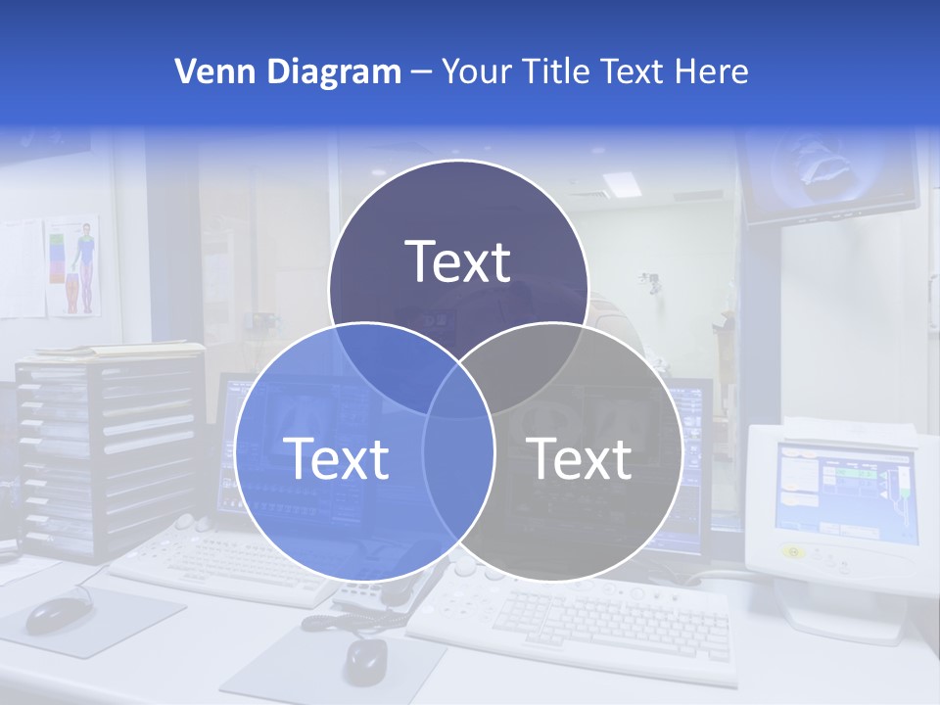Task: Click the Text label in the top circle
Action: click(458, 261)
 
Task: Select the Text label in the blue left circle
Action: click(336, 457)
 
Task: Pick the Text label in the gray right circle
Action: click(580, 457)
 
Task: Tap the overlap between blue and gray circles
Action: click(458, 470)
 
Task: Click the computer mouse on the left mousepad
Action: click(58, 614)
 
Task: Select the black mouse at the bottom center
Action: click(365, 661)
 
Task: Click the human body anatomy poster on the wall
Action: click(76, 265)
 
